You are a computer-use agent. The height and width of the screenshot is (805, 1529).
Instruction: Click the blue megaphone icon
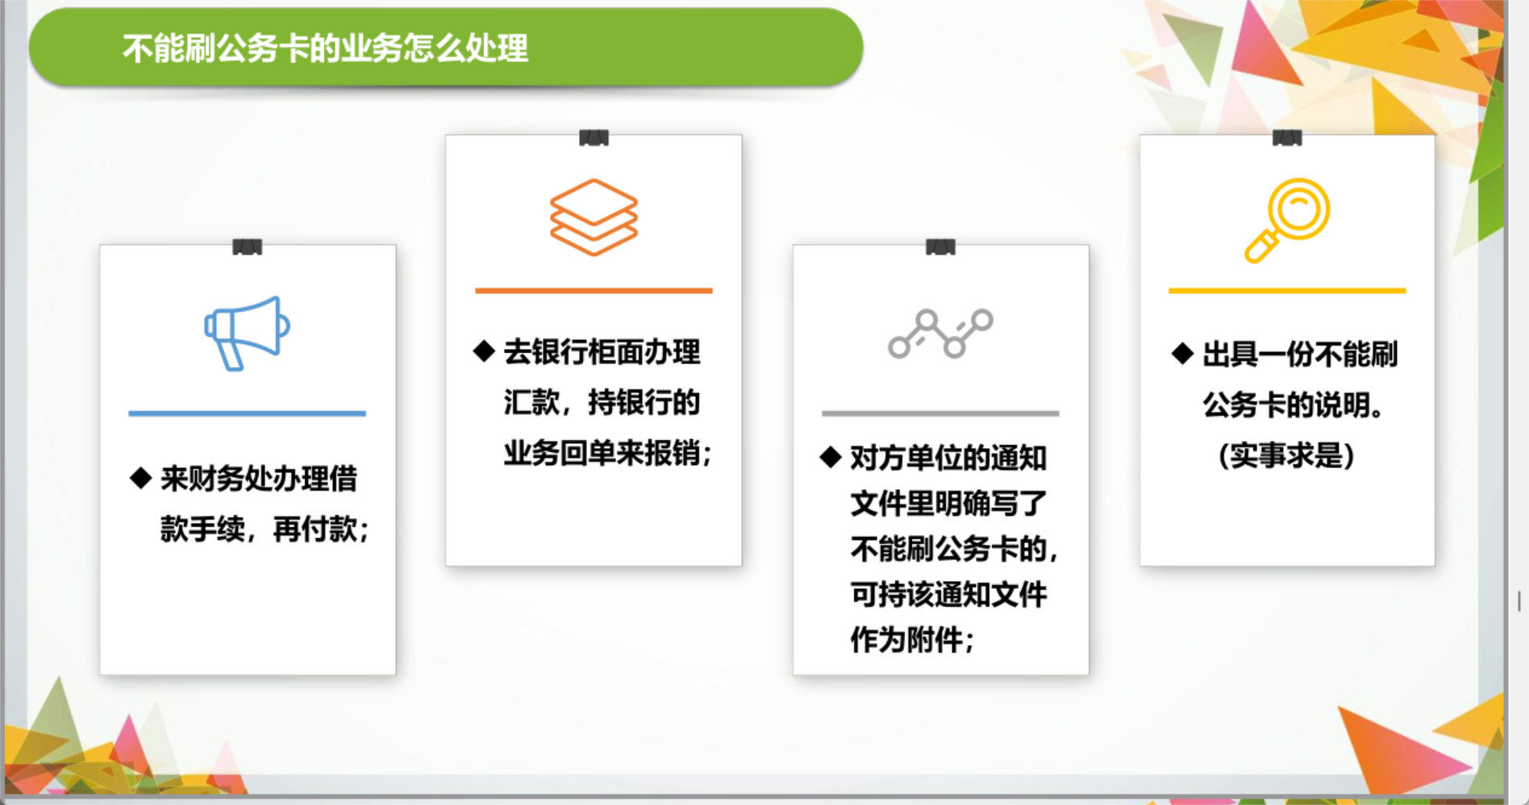[x=247, y=333]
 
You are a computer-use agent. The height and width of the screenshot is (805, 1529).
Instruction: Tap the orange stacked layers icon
[x=594, y=218]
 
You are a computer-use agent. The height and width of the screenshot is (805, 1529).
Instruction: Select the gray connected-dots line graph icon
[x=940, y=334]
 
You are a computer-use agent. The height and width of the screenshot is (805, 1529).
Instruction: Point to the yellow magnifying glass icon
[x=1287, y=220]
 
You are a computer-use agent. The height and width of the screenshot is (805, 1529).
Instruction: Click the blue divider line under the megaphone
[x=247, y=413]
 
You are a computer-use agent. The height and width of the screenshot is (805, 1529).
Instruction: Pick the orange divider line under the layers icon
[x=594, y=290]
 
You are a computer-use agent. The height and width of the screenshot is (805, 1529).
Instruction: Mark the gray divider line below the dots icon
[x=940, y=413]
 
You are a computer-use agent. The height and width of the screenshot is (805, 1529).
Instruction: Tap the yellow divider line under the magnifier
[x=1287, y=290]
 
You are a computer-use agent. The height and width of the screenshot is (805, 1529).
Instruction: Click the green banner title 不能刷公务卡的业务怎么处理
[x=325, y=48]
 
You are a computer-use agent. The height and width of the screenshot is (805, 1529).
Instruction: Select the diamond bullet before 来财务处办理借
[x=141, y=478]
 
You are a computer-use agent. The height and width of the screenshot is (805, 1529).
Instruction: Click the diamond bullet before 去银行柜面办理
[x=484, y=351]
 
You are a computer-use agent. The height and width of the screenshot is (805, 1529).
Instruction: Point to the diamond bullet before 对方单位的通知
[x=831, y=457]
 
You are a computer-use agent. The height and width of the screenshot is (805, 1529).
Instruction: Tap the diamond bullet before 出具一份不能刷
[x=1182, y=353]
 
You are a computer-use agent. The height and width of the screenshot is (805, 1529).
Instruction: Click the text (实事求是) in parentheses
[x=1286, y=455]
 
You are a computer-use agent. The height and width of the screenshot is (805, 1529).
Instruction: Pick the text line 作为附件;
[x=913, y=640]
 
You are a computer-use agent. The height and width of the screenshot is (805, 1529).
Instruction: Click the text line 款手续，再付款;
[x=265, y=529]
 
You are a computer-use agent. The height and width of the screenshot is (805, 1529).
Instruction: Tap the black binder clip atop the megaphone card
[x=247, y=247]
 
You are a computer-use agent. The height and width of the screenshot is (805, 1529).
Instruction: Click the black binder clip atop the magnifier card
[x=1287, y=138]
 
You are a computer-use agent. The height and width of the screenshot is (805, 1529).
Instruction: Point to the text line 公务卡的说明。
[x=1294, y=405]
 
